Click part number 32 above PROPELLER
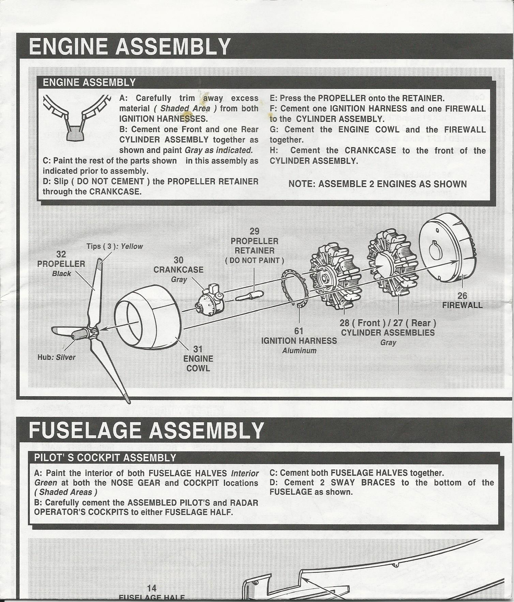coord(61,254)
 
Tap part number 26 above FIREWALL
coord(462,295)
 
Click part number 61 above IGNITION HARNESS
coord(299,331)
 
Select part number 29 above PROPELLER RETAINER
coord(254,231)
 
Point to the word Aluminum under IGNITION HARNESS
coord(299,351)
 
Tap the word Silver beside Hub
coord(65,357)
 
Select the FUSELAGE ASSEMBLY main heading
coord(146,430)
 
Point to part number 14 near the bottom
coord(151,588)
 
